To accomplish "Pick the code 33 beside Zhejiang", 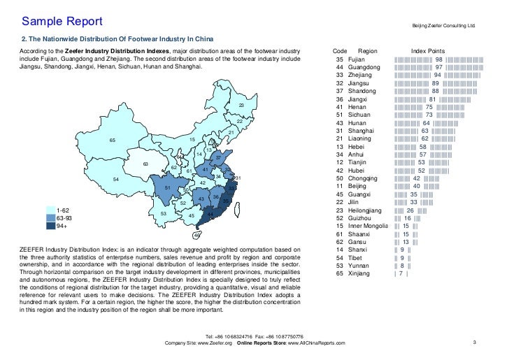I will (x=339, y=75).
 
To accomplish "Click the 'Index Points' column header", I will (x=428, y=52).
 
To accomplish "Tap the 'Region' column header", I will (x=367, y=52).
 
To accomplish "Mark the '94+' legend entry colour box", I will (x=51, y=226).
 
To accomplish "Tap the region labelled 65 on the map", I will (x=112, y=141).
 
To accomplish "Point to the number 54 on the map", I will (x=115, y=180).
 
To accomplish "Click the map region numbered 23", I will (x=241, y=106).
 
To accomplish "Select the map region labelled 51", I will (x=167, y=188).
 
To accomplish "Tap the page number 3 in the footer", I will (x=474, y=343).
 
